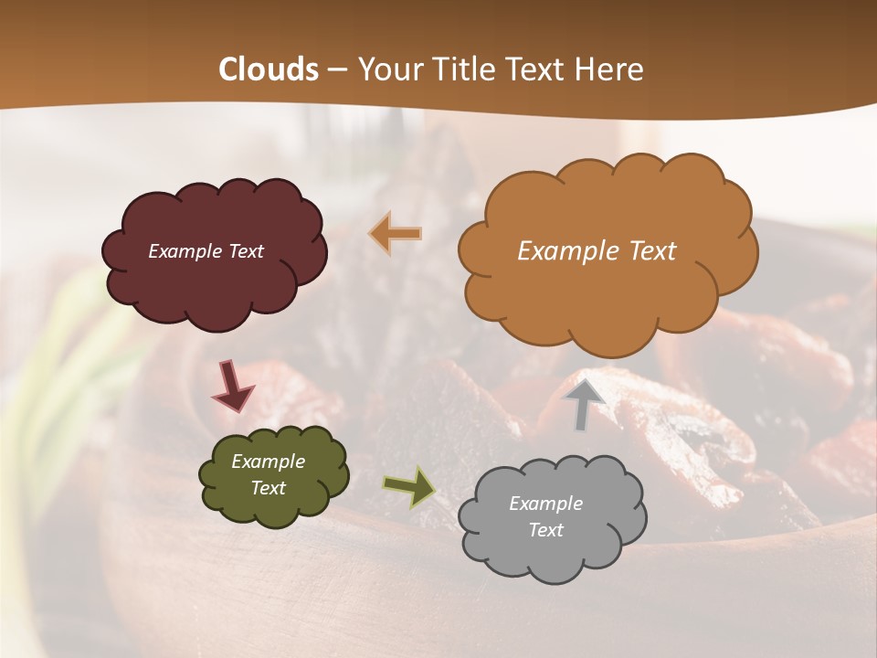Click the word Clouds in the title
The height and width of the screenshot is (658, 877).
click(269, 69)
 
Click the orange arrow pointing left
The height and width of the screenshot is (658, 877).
click(396, 234)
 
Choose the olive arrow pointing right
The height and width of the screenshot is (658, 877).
click(408, 486)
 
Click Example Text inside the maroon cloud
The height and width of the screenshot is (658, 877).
click(206, 251)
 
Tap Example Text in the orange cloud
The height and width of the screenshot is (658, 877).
click(597, 250)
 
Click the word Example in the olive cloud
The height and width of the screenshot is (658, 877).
click(268, 462)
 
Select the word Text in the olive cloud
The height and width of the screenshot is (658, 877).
click(268, 488)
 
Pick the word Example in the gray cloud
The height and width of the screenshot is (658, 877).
click(545, 504)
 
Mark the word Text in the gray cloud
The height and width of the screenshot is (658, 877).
click(545, 530)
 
